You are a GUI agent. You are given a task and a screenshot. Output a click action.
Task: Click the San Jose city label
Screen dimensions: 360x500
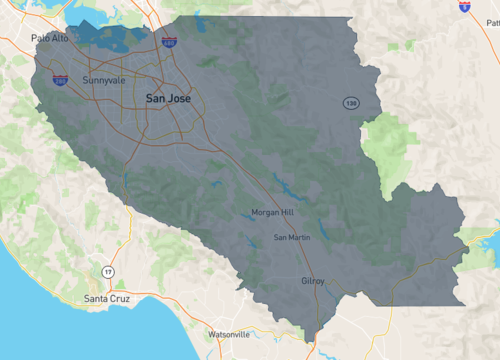coord(168,98)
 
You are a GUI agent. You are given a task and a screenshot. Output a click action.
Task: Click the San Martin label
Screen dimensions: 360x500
coord(292,237)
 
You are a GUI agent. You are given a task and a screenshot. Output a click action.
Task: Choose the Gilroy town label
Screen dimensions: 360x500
coord(313,282)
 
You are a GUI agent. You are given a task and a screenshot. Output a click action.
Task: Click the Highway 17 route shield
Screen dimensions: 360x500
coord(108,272)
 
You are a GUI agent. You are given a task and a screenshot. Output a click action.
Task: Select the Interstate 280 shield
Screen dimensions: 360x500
coord(61,80)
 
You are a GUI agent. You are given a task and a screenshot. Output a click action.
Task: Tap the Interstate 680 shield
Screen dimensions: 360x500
coord(170,44)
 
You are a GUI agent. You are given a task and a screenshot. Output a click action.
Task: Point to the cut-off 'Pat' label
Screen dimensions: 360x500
coord(492,49)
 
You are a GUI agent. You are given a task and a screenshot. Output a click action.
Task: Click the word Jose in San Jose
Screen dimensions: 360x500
coord(180,98)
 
